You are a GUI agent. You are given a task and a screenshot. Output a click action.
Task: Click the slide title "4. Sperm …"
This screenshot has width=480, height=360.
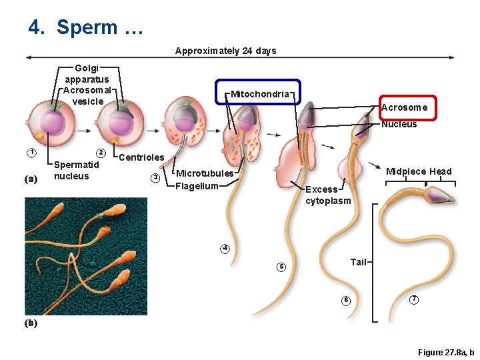click(x=85, y=28)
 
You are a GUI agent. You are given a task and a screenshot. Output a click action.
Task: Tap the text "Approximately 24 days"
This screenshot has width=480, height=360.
click(x=225, y=51)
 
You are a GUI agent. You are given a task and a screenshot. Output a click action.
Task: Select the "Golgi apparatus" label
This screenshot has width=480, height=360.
click(x=87, y=73)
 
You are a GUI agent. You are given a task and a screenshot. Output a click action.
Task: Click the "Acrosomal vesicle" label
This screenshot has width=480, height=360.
click(x=88, y=96)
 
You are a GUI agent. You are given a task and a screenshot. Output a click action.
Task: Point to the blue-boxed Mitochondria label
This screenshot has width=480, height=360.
click(x=260, y=94)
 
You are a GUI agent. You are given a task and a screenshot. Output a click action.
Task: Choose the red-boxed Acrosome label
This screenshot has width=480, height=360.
click(x=404, y=107)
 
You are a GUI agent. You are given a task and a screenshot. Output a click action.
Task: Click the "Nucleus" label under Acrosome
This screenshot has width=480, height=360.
click(x=399, y=125)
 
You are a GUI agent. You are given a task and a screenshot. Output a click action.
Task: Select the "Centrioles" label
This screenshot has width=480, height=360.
click(x=141, y=157)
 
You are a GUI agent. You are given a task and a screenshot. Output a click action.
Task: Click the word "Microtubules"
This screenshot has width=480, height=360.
click(x=205, y=173)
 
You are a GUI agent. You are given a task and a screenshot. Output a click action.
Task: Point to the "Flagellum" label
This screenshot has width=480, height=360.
click(x=197, y=186)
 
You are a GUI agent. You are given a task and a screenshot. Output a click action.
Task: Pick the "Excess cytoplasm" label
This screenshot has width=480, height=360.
click(x=327, y=195)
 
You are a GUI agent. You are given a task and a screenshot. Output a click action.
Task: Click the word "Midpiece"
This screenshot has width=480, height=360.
click(x=406, y=171)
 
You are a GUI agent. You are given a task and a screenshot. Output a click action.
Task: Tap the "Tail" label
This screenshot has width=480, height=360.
click(x=359, y=262)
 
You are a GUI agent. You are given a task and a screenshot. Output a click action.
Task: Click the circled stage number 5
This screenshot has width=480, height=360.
click(x=281, y=267)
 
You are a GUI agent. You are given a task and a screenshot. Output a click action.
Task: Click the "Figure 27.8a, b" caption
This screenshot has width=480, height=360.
click(x=445, y=352)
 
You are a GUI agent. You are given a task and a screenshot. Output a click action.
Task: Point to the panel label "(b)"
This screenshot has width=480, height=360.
click(x=31, y=323)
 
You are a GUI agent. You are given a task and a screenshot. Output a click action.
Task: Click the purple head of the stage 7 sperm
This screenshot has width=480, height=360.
click(x=439, y=195)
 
